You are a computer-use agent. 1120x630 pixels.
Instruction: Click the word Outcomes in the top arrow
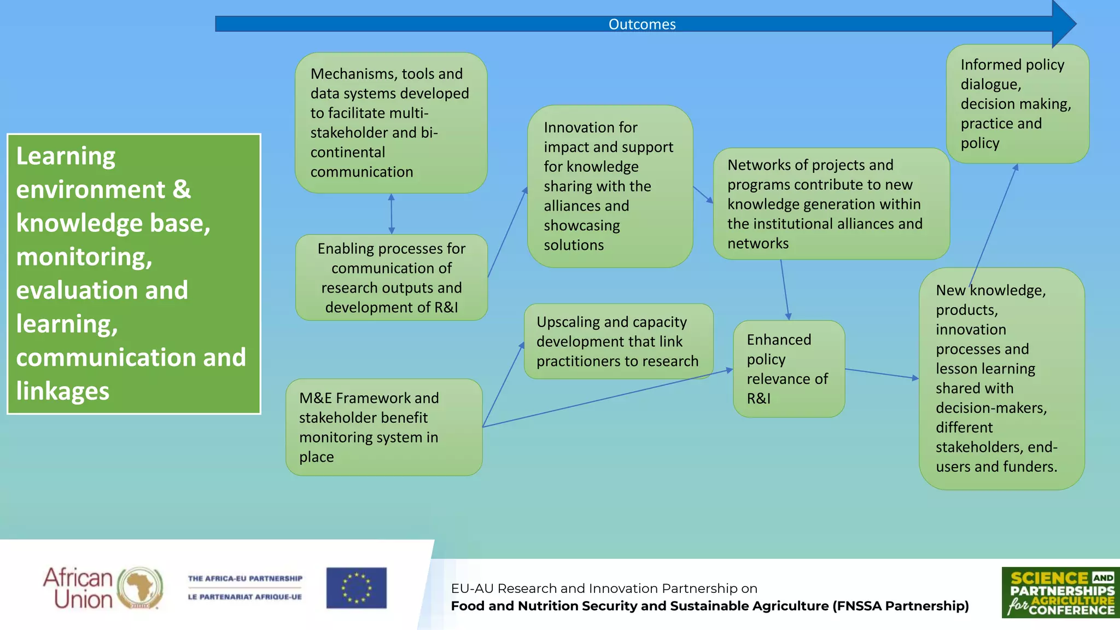tap(642, 24)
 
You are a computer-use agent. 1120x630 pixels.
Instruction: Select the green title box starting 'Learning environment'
tap(133, 273)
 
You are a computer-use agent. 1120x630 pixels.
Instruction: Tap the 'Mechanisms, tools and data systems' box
tap(390, 122)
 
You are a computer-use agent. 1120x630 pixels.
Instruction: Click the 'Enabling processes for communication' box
tap(392, 277)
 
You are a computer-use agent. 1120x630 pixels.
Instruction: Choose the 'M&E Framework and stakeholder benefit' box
tap(383, 427)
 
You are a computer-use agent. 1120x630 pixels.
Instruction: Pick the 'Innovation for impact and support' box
tap(610, 186)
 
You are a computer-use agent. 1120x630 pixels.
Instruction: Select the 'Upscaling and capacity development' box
tap(618, 341)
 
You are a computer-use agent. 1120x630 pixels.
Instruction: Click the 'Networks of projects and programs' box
tap(831, 203)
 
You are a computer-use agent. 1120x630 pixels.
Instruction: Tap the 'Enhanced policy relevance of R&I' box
tap(789, 369)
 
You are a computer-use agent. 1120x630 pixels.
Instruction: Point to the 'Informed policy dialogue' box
tap(1017, 103)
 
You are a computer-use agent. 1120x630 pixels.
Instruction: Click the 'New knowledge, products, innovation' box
tap(1001, 378)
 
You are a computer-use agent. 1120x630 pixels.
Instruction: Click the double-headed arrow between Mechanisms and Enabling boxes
tap(391, 214)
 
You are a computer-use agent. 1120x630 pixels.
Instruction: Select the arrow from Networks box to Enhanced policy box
tap(785, 290)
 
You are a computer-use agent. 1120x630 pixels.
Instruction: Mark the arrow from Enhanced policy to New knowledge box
tap(882, 374)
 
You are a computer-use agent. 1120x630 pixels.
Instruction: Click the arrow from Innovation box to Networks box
tap(703, 195)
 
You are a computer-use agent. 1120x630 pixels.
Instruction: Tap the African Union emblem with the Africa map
tap(141, 588)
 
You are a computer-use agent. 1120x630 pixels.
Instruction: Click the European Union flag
tap(357, 588)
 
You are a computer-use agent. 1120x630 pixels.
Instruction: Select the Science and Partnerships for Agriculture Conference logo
tap(1060, 592)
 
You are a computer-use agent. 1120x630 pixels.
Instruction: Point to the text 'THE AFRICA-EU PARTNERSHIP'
tap(245, 579)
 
